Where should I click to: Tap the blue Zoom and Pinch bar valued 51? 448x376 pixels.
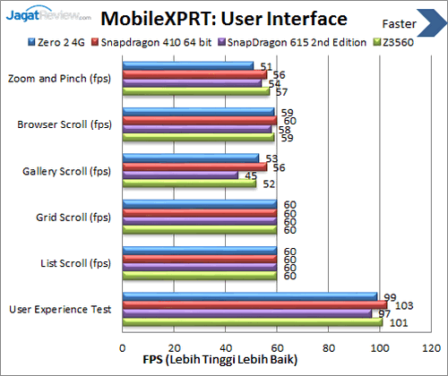pos(189,66)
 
